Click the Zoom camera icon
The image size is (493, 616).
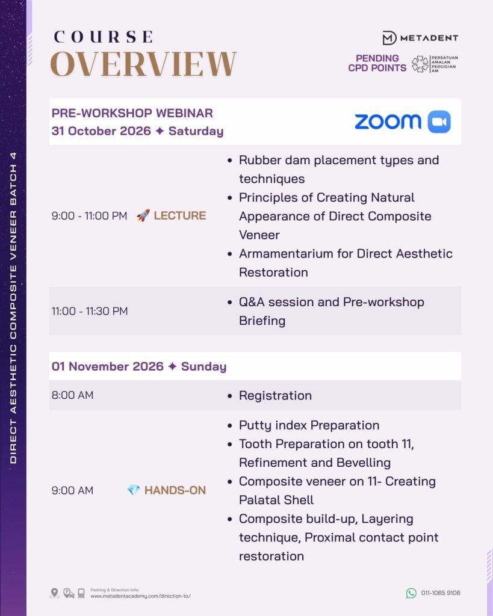click(x=439, y=122)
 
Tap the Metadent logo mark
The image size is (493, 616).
click(x=389, y=38)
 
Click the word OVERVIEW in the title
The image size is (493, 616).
click(x=143, y=63)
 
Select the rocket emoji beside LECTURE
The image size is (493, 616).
click(x=143, y=215)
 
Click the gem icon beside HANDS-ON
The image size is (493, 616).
click(x=134, y=490)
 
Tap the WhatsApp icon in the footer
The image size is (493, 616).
click(x=411, y=593)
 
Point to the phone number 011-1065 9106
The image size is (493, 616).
click(x=441, y=593)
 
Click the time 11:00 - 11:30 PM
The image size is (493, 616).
click(x=90, y=311)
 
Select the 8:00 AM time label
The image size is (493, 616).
click(x=73, y=395)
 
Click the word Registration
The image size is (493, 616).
click(x=275, y=396)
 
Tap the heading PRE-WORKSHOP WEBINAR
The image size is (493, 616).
click(x=132, y=113)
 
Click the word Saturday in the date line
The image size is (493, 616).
click(x=196, y=131)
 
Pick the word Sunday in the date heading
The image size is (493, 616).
click(x=203, y=366)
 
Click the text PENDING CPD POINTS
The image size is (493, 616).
click(x=377, y=63)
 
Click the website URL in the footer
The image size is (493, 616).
click(x=141, y=596)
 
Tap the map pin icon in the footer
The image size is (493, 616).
click(x=55, y=593)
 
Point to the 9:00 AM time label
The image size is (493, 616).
click(x=73, y=490)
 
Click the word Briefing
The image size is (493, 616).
click(x=262, y=321)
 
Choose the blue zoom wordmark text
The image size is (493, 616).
click(x=388, y=122)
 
